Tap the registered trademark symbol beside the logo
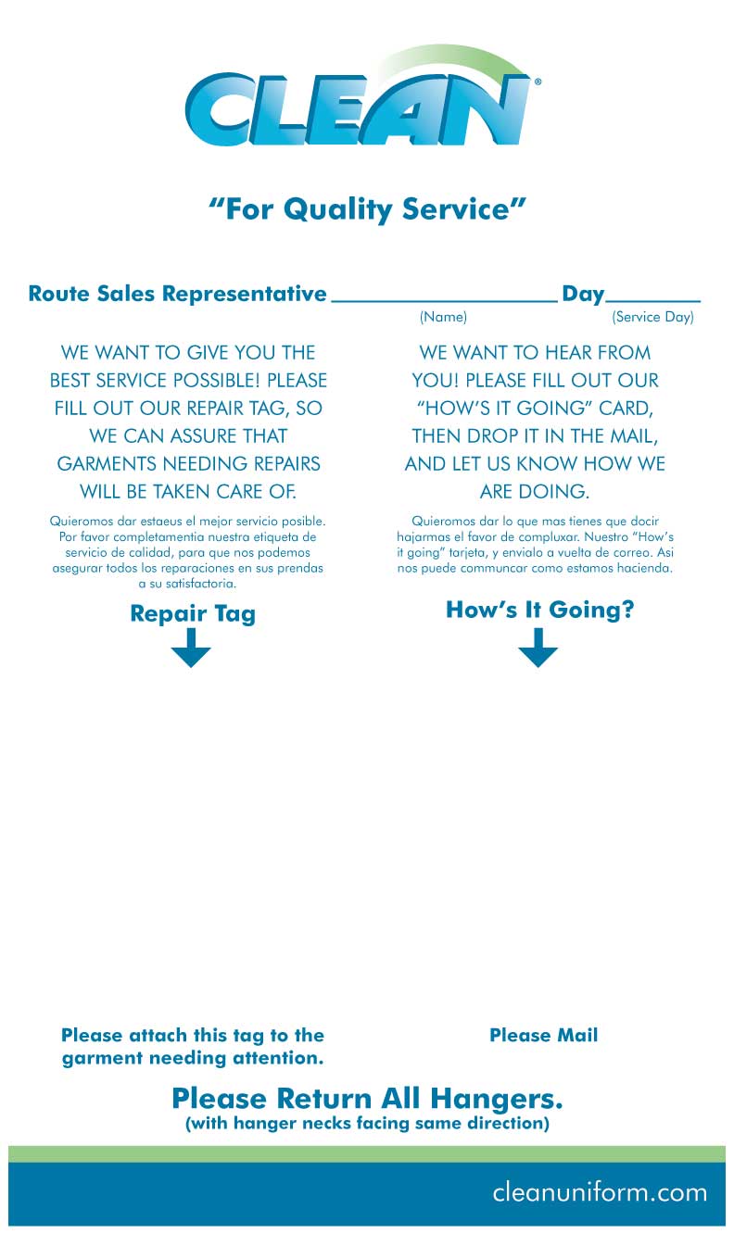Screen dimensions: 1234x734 (x=538, y=82)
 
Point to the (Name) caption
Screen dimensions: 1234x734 (x=443, y=317)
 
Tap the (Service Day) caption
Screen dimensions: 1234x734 (x=652, y=317)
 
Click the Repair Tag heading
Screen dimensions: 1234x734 (x=193, y=613)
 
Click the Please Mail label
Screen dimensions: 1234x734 (x=543, y=1035)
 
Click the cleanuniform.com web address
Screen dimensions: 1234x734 (x=600, y=1191)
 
